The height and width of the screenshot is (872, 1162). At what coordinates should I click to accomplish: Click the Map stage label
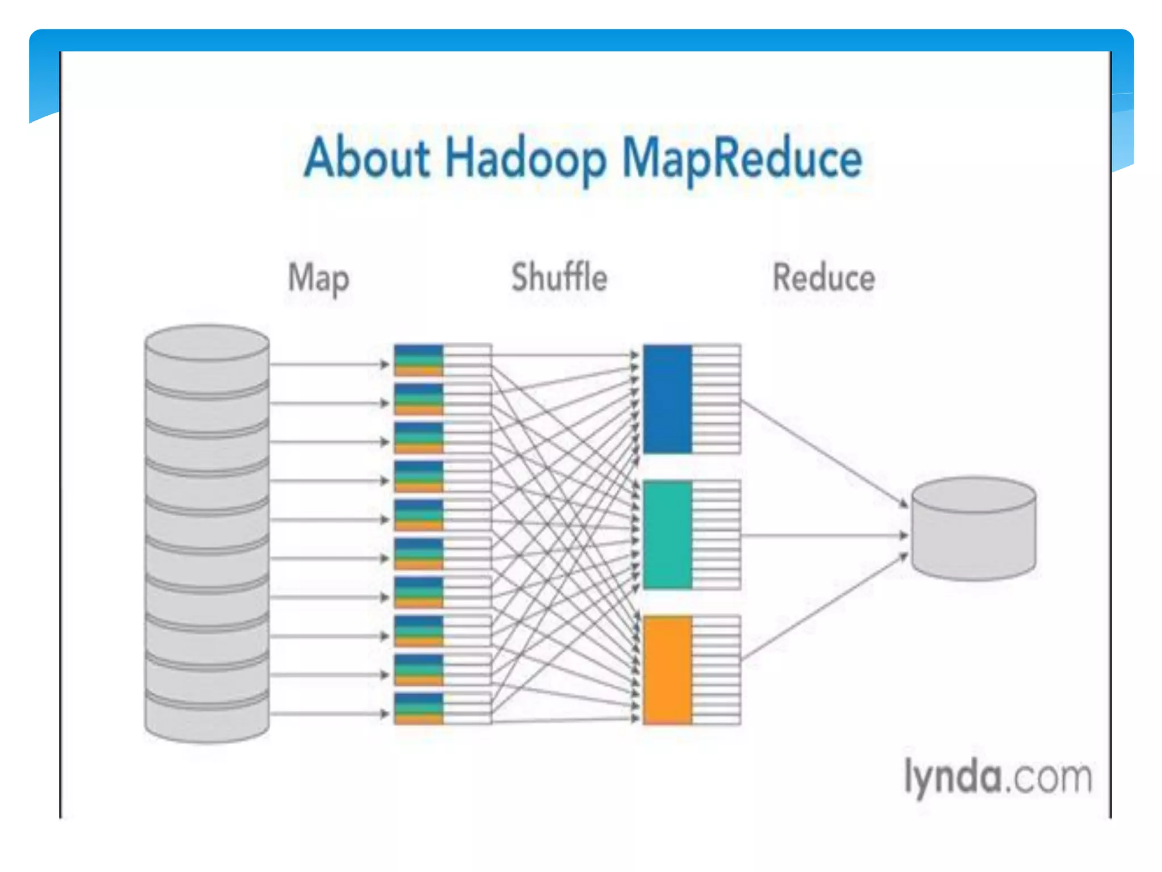click(x=318, y=279)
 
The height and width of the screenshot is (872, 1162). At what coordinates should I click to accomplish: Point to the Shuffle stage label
click(x=559, y=278)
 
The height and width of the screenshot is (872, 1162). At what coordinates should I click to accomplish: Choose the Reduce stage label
click(x=823, y=278)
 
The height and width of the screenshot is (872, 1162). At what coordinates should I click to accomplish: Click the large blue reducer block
click(x=667, y=399)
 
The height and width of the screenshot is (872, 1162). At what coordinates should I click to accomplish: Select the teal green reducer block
click(x=667, y=534)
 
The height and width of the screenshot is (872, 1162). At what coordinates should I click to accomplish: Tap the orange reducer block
click(x=667, y=670)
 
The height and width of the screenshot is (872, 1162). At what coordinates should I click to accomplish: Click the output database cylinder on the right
click(x=974, y=529)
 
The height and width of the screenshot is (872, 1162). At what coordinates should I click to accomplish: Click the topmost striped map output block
click(x=419, y=360)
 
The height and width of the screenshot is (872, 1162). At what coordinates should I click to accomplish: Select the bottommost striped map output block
click(x=419, y=708)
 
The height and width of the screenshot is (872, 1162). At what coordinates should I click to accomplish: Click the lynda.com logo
click(x=997, y=777)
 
